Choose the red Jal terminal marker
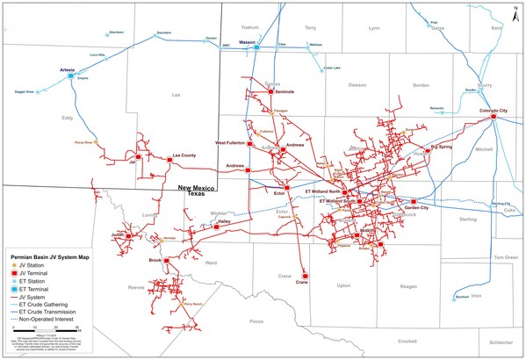tap(138, 157)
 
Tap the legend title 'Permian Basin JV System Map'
tap(46, 256)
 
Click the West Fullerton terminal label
tap(234, 141)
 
